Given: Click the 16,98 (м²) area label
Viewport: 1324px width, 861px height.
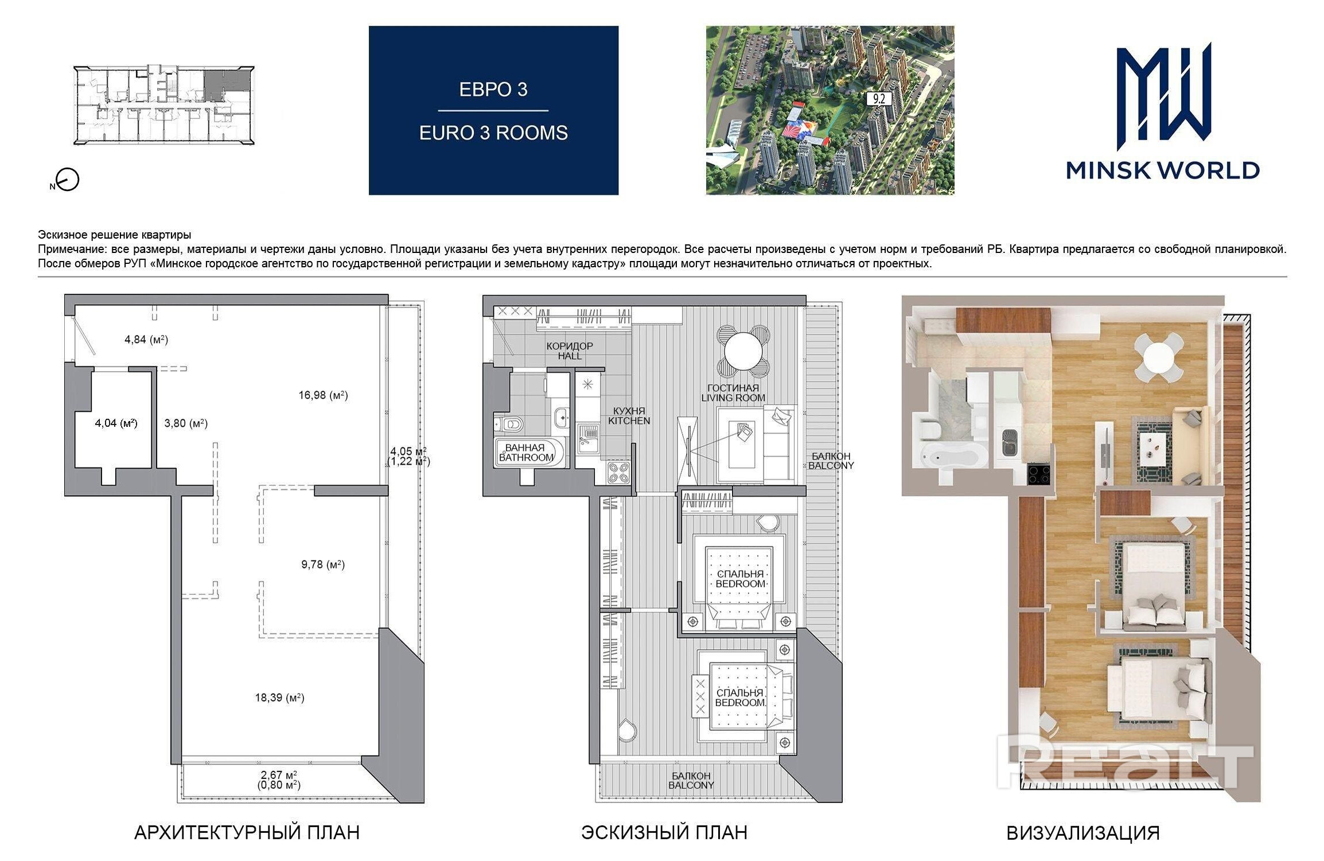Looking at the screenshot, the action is pyautogui.click(x=323, y=395).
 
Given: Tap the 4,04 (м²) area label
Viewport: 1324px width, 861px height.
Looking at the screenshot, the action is pyautogui.click(x=116, y=423).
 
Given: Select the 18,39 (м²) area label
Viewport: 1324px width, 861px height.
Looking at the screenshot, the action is pyautogui.click(x=279, y=698).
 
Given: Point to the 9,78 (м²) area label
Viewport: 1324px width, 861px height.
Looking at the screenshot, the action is pyautogui.click(x=323, y=565).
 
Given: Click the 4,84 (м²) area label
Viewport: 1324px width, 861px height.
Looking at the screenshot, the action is pyautogui.click(x=146, y=340).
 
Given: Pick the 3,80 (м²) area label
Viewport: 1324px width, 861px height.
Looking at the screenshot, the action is pyautogui.click(x=186, y=423).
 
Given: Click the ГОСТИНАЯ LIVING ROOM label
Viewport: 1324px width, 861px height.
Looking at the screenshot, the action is pyautogui.click(x=733, y=393).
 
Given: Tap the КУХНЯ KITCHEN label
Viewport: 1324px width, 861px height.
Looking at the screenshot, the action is pyautogui.click(x=629, y=416).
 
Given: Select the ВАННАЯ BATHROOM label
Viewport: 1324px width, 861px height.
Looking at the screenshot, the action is pyautogui.click(x=525, y=453).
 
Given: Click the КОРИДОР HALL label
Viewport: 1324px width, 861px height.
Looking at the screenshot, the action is pyautogui.click(x=570, y=351).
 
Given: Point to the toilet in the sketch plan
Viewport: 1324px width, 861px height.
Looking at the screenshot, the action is pyautogui.click(x=509, y=424).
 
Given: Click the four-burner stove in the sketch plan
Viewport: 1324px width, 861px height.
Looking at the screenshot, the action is pyautogui.click(x=619, y=473).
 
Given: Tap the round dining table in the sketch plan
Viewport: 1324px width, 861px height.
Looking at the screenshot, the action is pyautogui.click(x=743, y=352).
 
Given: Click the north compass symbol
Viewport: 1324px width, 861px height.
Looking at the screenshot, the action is pyautogui.click(x=68, y=180).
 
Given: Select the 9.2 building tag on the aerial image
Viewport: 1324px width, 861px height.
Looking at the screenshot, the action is pyautogui.click(x=879, y=99).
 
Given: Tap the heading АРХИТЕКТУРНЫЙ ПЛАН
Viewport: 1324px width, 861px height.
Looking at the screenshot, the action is pyautogui.click(x=247, y=833).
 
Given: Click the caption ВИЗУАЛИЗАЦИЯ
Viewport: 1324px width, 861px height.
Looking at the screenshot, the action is pyautogui.click(x=1083, y=833).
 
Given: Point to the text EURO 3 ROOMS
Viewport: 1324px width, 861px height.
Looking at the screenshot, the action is pyautogui.click(x=493, y=133).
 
